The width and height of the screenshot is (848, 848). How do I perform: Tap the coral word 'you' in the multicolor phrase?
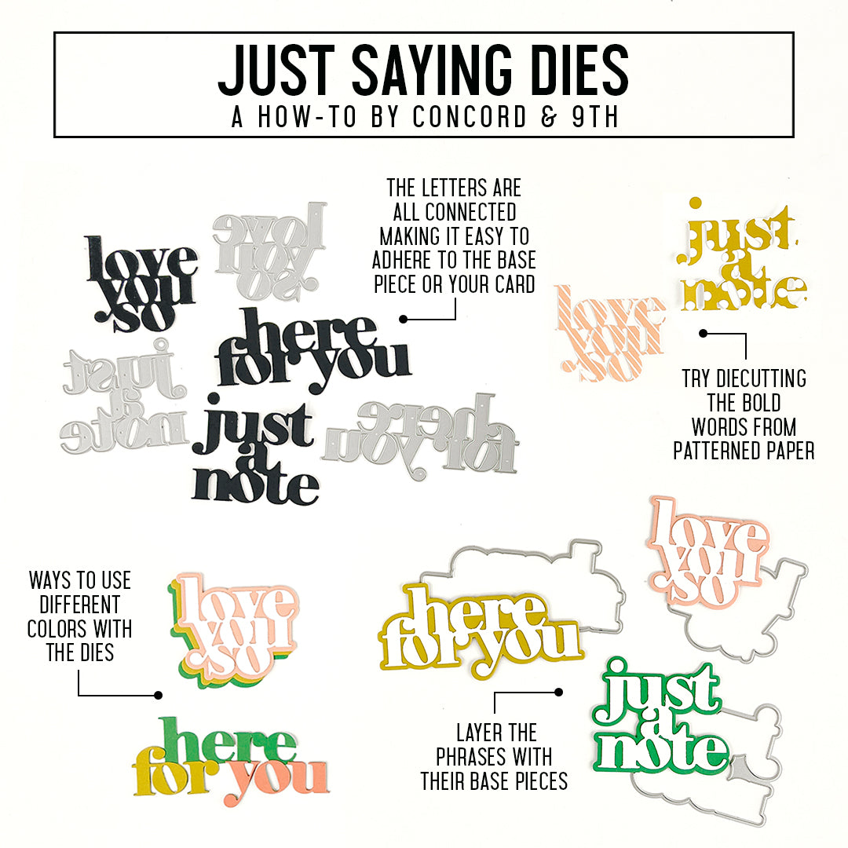(x=279, y=777)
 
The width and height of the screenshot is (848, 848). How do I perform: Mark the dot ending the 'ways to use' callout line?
(x=159, y=695)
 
